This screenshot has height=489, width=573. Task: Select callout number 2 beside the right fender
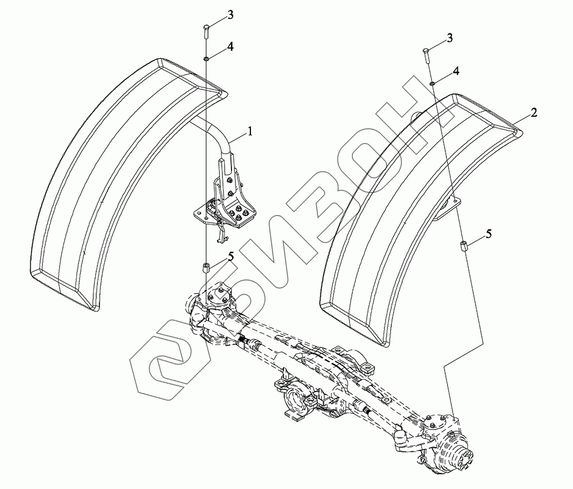click(x=534, y=112)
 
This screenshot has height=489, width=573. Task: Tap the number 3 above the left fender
click(x=230, y=15)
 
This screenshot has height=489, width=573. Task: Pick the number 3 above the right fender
click(x=449, y=38)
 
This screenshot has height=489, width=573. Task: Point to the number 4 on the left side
click(x=230, y=46)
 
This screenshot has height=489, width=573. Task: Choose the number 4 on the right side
click(x=456, y=71)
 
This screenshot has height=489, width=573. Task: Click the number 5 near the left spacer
click(x=230, y=256)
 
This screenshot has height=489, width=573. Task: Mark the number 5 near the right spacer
click(x=489, y=234)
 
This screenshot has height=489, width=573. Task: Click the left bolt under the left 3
click(x=206, y=32)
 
